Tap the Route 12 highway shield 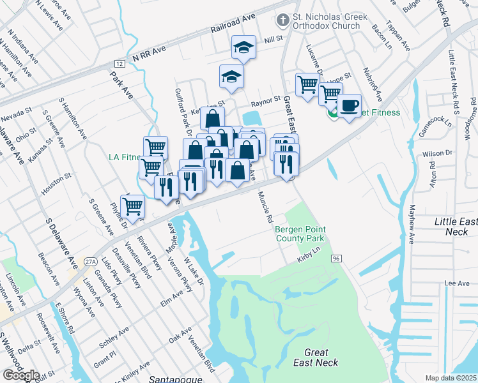[119, 64]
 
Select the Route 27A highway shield [90, 261]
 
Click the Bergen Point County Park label [300, 234]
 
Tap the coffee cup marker [349, 105]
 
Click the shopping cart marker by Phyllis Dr [132, 206]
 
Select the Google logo [21, 375]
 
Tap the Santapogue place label [171, 379]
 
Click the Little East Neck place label [455, 226]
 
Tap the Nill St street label [273, 39]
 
